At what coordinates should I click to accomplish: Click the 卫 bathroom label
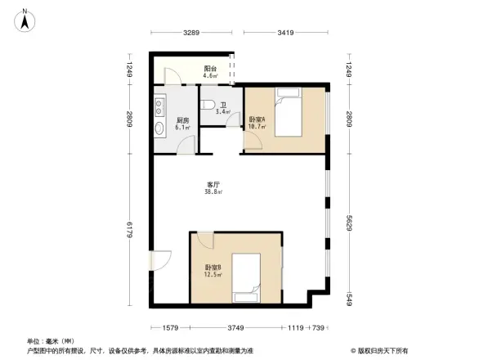pyautogui.click(x=222, y=105)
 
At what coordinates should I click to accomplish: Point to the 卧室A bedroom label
pyautogui.click(x=257, y=120)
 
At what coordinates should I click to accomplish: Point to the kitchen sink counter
pyautogui.click(x=159, y=119)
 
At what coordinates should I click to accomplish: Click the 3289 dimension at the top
pyautogui.click(x=191, y=33)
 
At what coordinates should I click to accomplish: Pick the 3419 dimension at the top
pyautogui.click(x=286, y=33)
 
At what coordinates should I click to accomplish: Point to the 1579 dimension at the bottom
pyautogui.click(x=169, y=327)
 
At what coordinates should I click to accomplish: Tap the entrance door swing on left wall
pyautogui.click(x=159, y=260)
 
